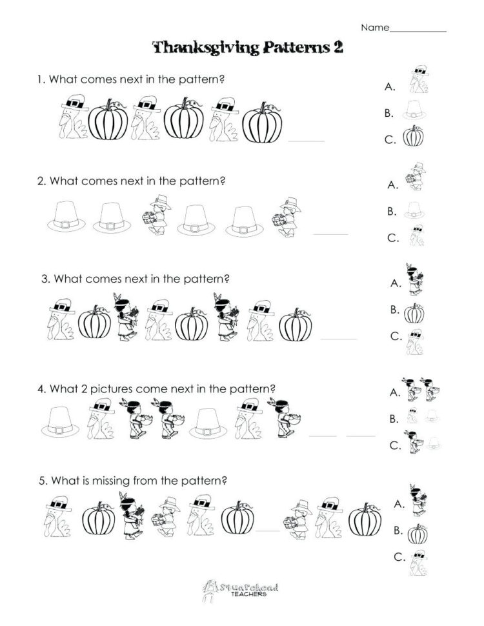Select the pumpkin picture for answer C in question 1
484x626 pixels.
pyautogui.click(x=414, y=137)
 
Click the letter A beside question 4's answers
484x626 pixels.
pyautogui.click(x=392, y=392)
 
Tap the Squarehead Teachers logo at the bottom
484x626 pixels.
pyautogui.click(x=241, y=588)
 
